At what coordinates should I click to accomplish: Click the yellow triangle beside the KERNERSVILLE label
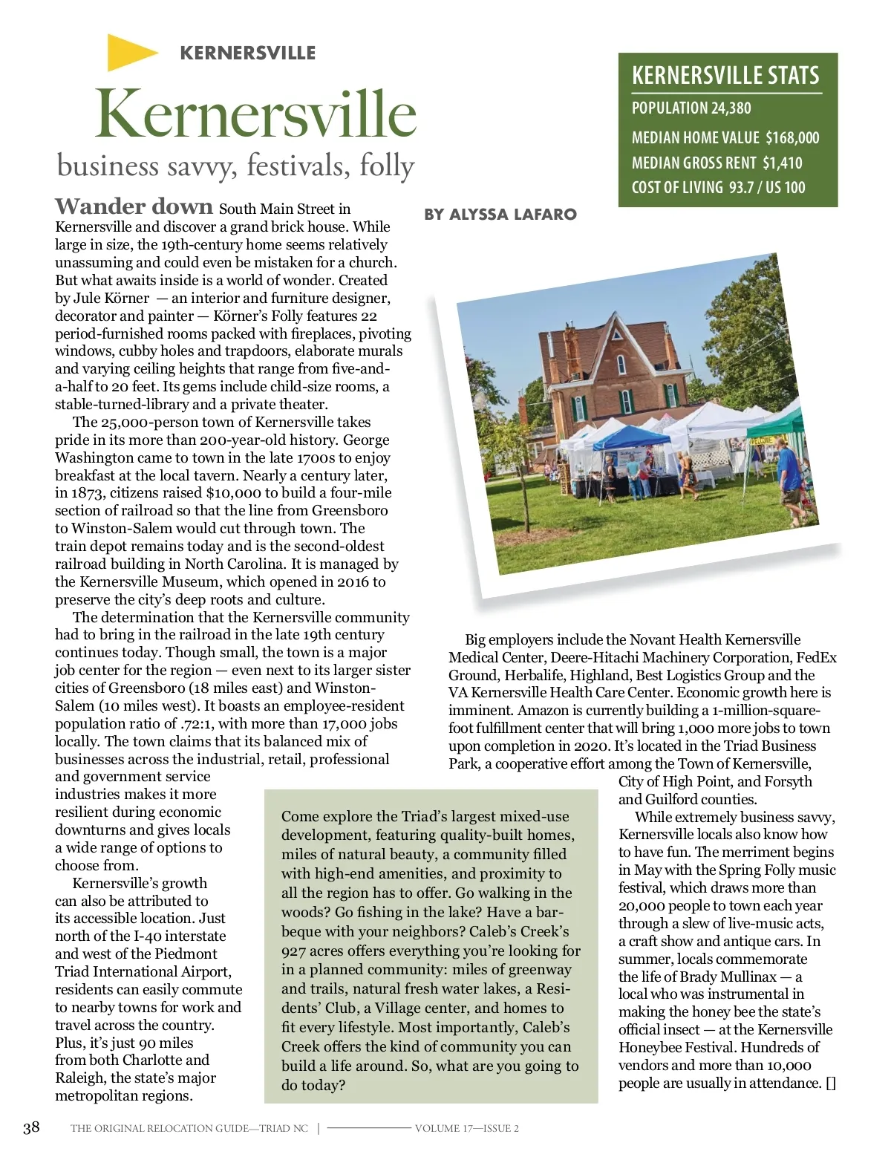(131, 52)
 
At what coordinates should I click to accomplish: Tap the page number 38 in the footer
(31, 1127)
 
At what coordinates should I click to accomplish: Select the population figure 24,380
(731, 108)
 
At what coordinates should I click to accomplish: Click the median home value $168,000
(792, 138)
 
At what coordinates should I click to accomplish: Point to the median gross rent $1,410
(783, 163)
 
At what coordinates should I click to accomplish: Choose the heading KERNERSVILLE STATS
(725, 76)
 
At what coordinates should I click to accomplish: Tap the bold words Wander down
(134, 206)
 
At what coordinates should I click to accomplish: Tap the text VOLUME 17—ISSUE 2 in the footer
(466, 1128)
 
